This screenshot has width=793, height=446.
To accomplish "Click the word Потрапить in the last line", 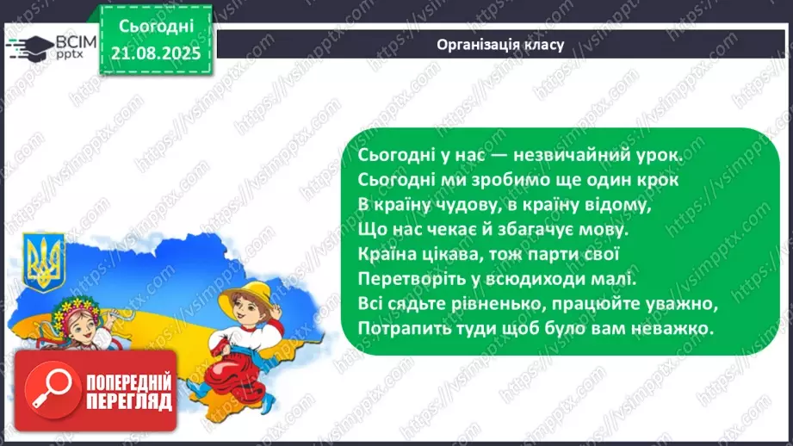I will click(x=394, y=330).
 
